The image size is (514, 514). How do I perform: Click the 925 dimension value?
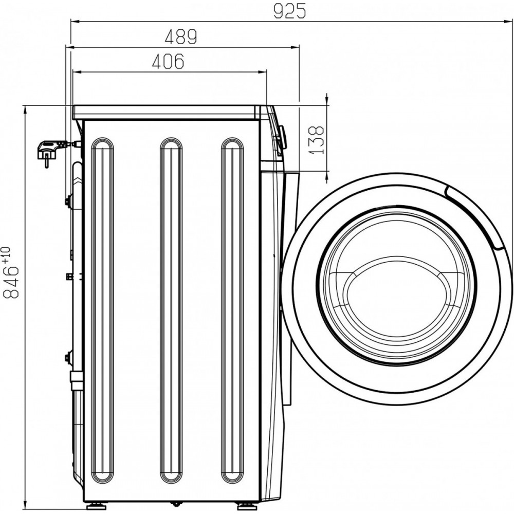[x=289, y=11]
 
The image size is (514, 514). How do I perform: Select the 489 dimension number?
[x=180, y=36]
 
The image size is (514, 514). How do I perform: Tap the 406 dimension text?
[x=168, y=61]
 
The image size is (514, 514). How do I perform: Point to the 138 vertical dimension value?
[x=316, y=140]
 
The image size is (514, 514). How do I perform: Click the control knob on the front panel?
[x=281, y=138]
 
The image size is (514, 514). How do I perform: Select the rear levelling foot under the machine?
[x=95, y=506]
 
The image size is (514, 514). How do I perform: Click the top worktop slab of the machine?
[x=166, y=113]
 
